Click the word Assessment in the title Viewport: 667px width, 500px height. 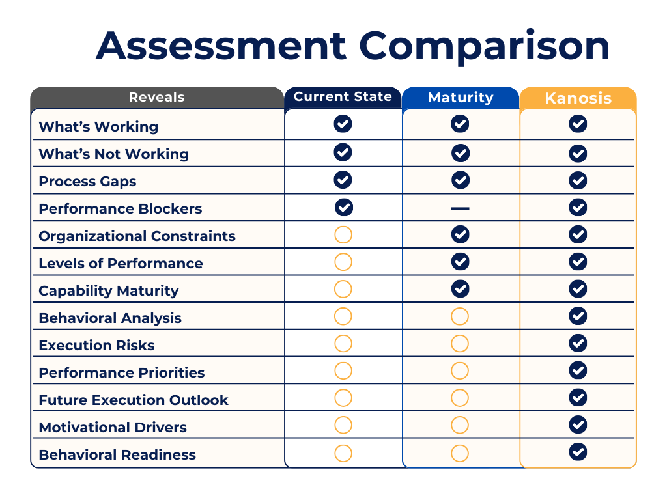[221, 46]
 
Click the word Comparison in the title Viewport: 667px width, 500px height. [484, 46]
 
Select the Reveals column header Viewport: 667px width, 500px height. [156, 98]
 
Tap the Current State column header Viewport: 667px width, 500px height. [343, 97]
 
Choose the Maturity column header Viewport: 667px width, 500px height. [461, 98]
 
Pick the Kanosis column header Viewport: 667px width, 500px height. [578, 98]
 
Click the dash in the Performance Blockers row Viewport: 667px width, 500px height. [460, 208]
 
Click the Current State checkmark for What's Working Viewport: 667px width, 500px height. [343, 124]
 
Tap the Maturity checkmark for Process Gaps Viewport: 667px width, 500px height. [461, 180]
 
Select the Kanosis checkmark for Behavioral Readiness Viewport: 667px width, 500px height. [578, 452]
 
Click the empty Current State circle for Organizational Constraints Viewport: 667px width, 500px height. [343, 235]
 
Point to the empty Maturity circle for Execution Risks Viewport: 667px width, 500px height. [460, 344]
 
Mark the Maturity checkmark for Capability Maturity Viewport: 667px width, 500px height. [461, 288]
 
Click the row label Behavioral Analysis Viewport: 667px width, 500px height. [110, 318]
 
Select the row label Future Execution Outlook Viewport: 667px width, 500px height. [134, 400]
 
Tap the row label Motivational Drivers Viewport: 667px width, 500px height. [113, 428]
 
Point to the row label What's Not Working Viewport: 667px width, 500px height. [114, 154]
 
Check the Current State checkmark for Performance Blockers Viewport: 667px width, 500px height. [344, 208]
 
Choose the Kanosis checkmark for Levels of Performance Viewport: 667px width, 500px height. [578, 262]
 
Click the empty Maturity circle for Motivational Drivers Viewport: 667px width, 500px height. [460, 425]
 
